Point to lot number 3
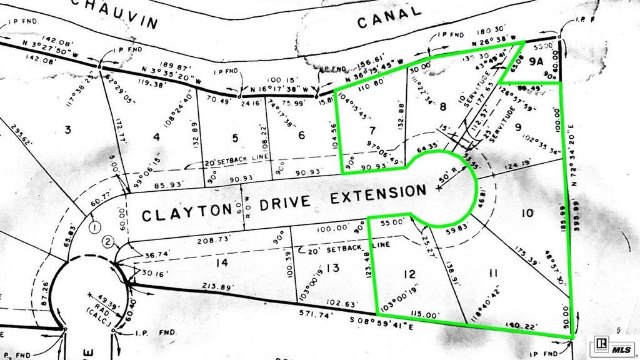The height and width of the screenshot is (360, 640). (x=69, y=129)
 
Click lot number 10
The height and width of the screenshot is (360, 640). (x=526, y=213)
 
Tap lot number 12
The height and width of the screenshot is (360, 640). (x=409, y=273)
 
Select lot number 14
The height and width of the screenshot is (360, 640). (x=221, y=263)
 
